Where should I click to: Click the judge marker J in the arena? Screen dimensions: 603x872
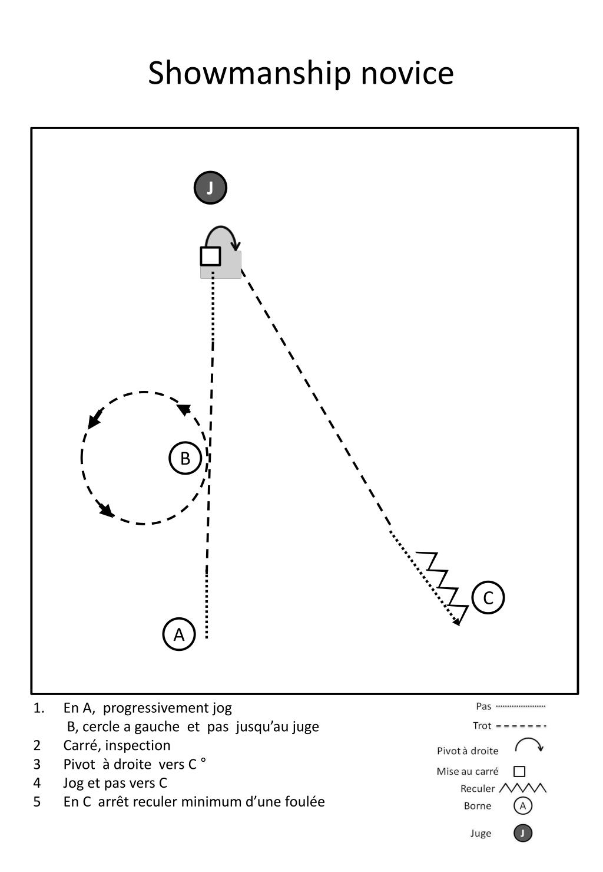pyautogui.click(x=210, y=187)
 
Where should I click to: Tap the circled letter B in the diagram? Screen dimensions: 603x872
pyautogui.click(x=185, y=458)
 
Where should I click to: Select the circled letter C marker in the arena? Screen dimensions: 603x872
pyautogui.click(x=488, y=598)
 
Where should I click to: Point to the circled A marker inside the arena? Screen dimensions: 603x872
pyautogui.click(x=179, y=634)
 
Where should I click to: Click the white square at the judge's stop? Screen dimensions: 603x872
pyautogui.click(x=210, y=256)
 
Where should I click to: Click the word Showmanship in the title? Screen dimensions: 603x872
pyautogui.click(x=249, y=74)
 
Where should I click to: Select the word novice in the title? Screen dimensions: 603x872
pyautogui.click(x=407, y=74)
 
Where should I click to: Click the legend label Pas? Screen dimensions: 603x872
pyautogui.click(x=483, y=706)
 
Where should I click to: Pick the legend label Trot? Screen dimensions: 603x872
pyautogui.click(x=482, y=726)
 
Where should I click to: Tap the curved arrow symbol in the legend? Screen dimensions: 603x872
pyautogui.click(x=529, y=743)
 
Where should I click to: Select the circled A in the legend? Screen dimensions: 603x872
pyautogui.click(x=522, y=806)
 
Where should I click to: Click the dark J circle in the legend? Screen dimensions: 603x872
pyautogui.click(x=522, y=834)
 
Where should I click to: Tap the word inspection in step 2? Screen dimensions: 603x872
pyautogui.click(x=138, y=745)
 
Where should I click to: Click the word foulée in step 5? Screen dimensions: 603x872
pyautogui.click(x=305, y=801)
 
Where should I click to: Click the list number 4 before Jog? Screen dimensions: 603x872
pyautogui.click(x=37, y=783)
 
